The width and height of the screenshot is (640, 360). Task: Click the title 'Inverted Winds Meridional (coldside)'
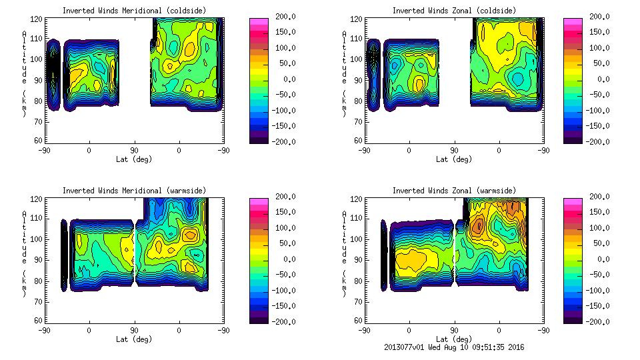coord(134,11)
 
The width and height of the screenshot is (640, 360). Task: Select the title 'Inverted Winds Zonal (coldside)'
coord(453,11)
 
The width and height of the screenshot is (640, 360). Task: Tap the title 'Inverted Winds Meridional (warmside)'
coord(134,191)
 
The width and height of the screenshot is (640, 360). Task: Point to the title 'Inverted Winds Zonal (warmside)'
coord(453,191)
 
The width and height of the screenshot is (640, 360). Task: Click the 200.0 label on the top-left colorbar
coord(283,17)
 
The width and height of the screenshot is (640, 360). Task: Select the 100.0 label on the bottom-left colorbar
coord(283,228)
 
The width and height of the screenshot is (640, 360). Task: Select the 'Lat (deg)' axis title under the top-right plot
coord(453,159)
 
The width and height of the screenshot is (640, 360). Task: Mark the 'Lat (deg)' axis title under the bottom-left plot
coord(134,339)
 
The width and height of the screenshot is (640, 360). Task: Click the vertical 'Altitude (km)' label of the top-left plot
coord(24,73)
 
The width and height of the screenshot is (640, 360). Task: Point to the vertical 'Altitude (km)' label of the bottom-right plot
coord(344,253)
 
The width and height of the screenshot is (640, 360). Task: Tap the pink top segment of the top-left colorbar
coord(258,21)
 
